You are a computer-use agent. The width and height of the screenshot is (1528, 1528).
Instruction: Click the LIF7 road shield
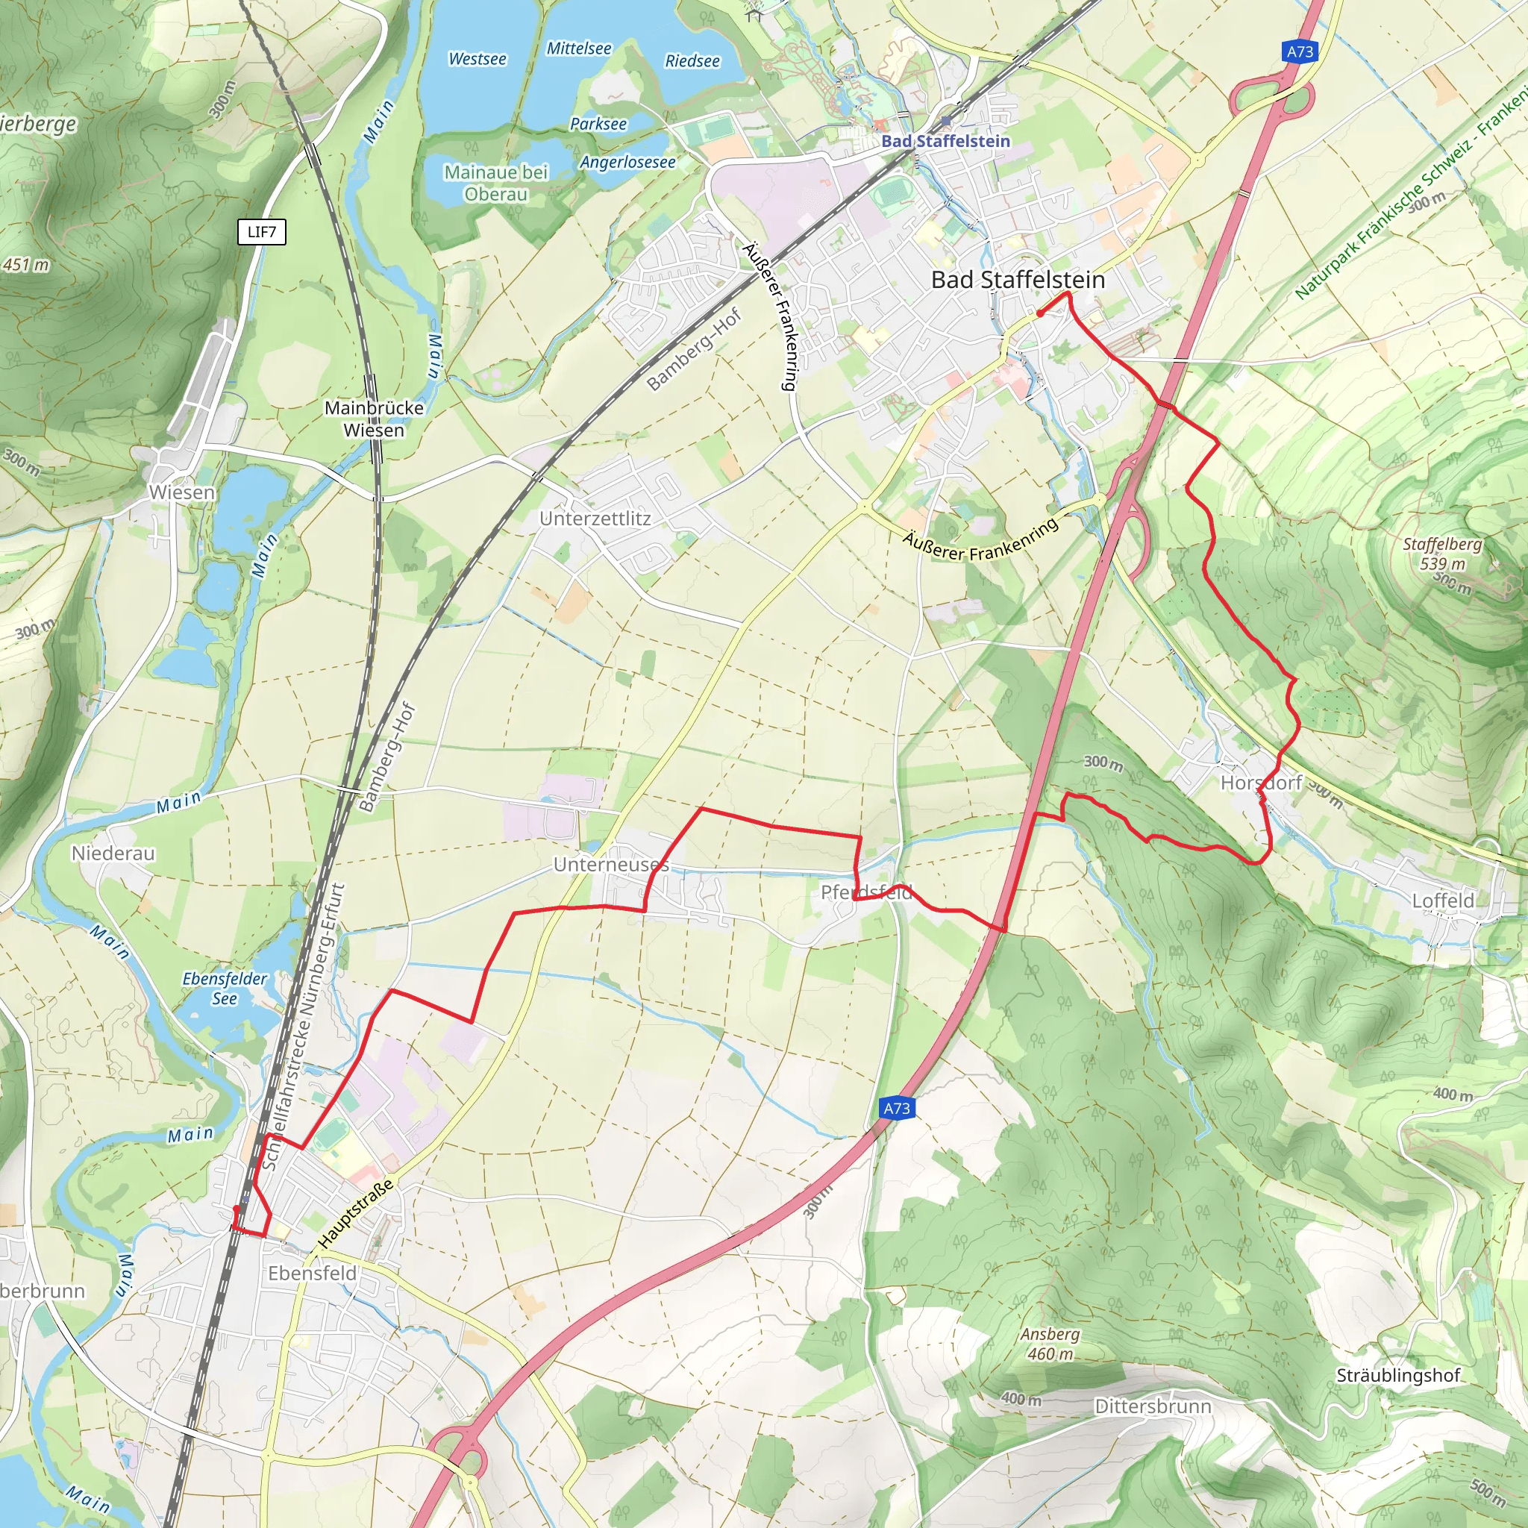[262, 232]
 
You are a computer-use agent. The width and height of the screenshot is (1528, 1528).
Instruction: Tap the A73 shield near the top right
[1300, 52]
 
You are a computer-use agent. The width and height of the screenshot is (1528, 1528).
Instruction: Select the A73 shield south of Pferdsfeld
[896, 1108]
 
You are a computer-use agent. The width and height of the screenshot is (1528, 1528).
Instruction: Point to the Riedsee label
[692, 62]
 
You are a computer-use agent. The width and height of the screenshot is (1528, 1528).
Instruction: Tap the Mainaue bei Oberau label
[496, 183]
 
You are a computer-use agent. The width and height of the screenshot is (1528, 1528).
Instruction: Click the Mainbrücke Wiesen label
[374, 419]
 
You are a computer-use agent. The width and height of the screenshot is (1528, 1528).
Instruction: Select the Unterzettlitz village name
[595, 519]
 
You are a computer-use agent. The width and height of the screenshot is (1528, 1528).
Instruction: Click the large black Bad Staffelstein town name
[1018, 279]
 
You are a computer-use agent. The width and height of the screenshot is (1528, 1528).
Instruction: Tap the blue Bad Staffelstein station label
[946, 141]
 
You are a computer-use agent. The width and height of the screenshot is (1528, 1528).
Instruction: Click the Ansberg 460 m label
[1050, 1344]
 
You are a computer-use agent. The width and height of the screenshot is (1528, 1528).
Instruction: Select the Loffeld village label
[1443, 900]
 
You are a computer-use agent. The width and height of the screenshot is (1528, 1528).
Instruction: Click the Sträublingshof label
[1397, 1375]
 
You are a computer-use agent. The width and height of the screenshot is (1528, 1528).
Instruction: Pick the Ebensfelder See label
[225, 988]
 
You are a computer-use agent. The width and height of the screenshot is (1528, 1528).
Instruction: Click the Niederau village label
[113, 854]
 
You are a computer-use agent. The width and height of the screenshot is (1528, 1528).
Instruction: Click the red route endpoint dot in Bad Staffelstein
[1040, 313]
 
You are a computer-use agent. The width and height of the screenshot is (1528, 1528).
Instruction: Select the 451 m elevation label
[25, 265]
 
